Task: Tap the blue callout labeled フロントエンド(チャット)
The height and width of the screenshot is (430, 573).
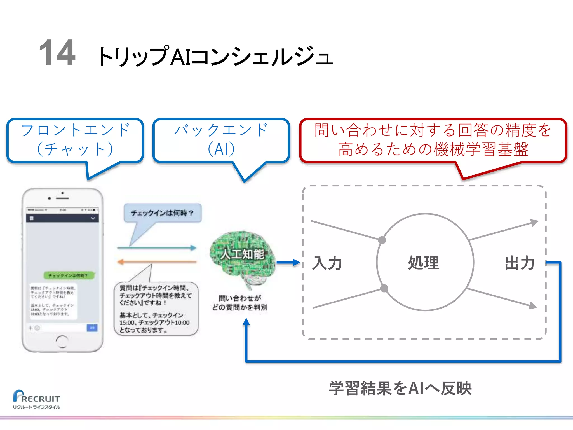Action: (75, 140)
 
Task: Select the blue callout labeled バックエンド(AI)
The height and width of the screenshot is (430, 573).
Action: (221, 140)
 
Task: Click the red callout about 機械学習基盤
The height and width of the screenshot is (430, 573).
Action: (433, 140)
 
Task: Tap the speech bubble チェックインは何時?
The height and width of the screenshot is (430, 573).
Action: (162, 213)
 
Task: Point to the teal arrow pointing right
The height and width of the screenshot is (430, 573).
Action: (157, 248)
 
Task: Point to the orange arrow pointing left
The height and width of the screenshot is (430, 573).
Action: (157, 262)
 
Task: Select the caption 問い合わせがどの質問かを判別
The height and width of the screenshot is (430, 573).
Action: (239, 303)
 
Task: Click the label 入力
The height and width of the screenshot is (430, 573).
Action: (327, 263)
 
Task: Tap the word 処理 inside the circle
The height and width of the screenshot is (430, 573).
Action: (424, 263)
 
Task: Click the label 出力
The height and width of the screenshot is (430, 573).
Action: (520, 263)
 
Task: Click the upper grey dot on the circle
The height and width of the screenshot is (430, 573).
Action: (382, 240)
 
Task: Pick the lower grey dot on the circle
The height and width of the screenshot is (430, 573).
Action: (384, 288)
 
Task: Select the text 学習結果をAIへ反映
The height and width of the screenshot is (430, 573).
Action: (400, 388)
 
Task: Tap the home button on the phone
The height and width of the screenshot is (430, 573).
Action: (62, 341)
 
